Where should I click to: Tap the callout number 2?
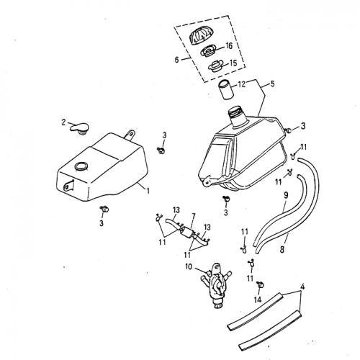64,122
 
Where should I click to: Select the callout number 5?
271,84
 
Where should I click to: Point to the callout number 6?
178,60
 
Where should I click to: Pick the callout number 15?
233,63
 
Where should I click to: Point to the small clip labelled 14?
257,282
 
